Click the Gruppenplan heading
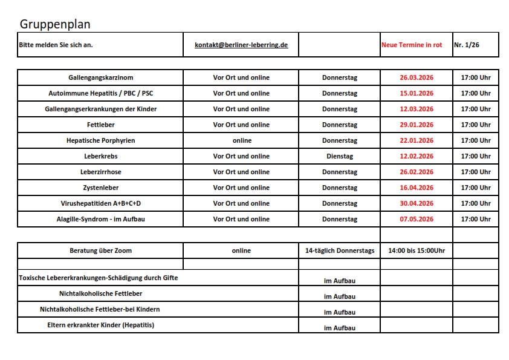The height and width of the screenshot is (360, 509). pyautogui.click(x=55, y=24)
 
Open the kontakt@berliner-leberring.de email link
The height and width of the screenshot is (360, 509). pyautogui.click(x=241, y=45)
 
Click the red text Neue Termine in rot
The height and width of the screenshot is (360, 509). pyautogui.click(x=412, y=45)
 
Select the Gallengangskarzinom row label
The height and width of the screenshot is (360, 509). pyautogui.click(x=100, y=77)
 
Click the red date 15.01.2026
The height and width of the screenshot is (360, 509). pyautogui.click(x=417, y=93)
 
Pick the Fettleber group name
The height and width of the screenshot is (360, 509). pyautogui.click(x=100, y=125)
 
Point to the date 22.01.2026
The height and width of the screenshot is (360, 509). pyautogui.click(x=417, y=140)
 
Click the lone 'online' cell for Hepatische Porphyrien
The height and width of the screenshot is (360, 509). pyautogui.click(x=241, y=140)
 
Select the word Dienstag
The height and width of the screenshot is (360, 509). pyautogui.click(x=339, y=156)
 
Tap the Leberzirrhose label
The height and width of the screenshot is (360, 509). pyautogui.click(x=100, y=172)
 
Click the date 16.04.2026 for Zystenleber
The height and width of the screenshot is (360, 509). pyautogui.click(x=417, y=188)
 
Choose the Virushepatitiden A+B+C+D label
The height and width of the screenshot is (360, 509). pyautogui.click(x=100, y=203)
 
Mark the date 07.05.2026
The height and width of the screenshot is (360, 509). pyautogui.click(x=417, y=219)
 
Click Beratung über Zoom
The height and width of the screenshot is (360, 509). pyautogui.click(x=100, y=250)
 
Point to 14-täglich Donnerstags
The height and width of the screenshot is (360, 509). pyautogui.click(x=339, y=250)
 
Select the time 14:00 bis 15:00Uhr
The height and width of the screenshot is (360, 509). pyautogui.click(x=416, y=250)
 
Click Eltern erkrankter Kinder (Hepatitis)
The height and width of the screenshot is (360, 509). pyautogui.click(x=100, y=325)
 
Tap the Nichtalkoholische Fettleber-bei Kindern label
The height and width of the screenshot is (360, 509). pyautogui.click(x=100, y=309)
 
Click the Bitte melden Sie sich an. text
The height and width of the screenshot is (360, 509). pyautogui.click(x=56, y=45)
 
